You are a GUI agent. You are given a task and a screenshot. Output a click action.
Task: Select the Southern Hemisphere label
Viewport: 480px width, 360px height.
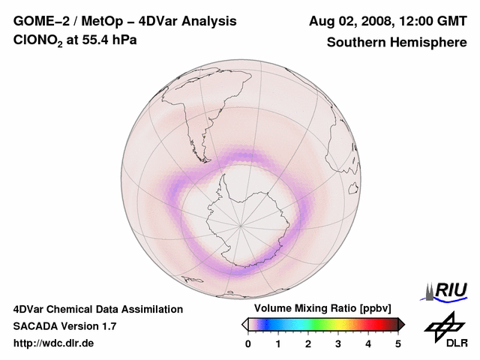(396, 42)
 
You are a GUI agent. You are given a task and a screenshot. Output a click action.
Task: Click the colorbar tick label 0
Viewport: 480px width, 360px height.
(248, 343)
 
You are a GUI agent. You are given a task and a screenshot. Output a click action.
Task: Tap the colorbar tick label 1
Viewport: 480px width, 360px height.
(278, 343)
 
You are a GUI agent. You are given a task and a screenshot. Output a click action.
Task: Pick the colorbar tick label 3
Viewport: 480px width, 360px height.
(338, 343)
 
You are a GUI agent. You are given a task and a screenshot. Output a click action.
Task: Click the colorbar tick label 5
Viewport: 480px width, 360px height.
(398, 343)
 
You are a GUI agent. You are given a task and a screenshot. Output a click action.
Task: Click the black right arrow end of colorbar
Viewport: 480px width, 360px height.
(401, 324)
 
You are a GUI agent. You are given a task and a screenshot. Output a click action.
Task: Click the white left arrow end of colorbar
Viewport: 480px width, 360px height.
(244, 324)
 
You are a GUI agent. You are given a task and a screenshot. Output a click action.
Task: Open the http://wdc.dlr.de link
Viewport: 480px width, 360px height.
(54, 343)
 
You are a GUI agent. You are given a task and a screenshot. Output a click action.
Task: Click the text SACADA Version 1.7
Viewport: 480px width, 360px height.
(64, 326)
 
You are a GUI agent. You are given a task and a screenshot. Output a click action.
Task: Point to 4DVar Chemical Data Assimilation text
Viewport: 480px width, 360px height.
(97, 309)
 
